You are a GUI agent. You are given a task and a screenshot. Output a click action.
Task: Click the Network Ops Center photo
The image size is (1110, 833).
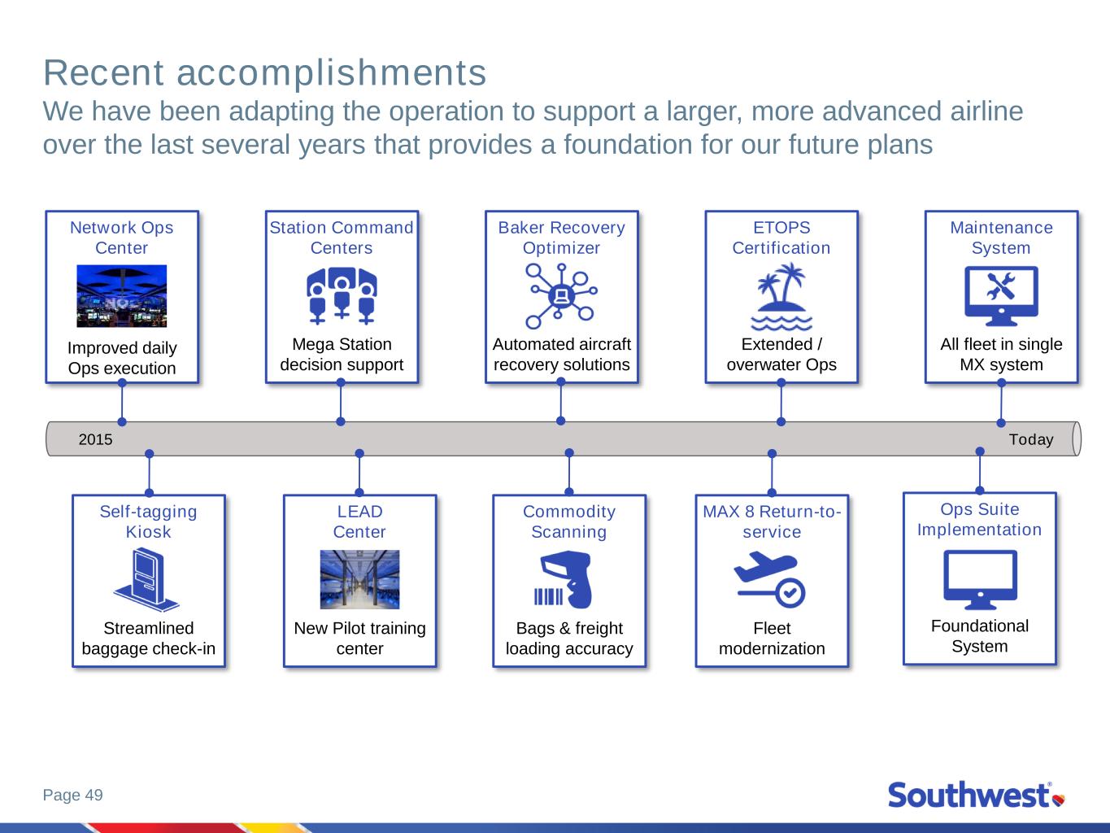121,296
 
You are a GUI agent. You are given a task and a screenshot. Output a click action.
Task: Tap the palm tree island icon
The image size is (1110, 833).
781,296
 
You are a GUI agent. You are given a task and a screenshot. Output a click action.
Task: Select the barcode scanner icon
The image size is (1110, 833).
564,580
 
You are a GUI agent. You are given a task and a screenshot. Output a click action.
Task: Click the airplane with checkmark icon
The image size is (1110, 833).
769,579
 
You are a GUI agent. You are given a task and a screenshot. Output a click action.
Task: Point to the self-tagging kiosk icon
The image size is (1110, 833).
146,580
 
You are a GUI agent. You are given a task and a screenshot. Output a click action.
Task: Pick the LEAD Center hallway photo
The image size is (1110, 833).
359,580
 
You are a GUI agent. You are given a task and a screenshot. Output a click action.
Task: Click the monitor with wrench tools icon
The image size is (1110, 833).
1001,296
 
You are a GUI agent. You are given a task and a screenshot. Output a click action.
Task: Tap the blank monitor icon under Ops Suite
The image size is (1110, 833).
980,580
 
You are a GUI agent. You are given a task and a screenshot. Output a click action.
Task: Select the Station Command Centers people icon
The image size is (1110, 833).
342,296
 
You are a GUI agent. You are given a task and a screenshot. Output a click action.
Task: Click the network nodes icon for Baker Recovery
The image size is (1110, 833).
561,296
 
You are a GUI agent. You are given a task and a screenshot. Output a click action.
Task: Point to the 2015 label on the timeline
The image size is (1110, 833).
95,439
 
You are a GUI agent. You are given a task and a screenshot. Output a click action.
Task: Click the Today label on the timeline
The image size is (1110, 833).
1030,439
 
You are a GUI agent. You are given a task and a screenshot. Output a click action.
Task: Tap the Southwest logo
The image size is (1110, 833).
977,795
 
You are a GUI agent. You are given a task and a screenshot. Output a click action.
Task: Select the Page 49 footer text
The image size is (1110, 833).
73,795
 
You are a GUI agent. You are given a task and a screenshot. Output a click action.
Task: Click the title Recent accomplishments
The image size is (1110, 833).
264,73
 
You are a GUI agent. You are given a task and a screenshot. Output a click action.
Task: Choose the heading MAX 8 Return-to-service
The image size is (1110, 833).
772,521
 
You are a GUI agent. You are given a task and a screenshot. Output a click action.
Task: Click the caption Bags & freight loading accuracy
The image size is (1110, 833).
569,639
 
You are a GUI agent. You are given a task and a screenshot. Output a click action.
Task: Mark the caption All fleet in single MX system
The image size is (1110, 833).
1001,355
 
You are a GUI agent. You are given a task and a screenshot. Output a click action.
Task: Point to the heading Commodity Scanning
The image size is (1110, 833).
569,521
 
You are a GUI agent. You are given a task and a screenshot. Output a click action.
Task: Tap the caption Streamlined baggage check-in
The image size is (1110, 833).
149,639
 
